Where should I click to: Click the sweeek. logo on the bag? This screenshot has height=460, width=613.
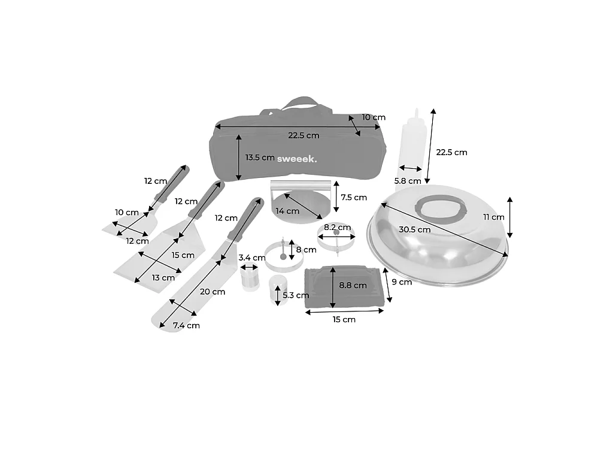point(297,159)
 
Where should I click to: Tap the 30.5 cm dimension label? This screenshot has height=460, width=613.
point(414,229)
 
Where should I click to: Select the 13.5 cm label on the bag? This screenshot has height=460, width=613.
point(260,158)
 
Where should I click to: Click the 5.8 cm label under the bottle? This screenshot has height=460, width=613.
point(407,181)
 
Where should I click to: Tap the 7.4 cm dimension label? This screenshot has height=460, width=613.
point(187,325)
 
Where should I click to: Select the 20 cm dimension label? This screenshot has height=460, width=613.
point(213,292)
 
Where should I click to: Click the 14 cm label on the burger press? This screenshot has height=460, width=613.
point(287,211)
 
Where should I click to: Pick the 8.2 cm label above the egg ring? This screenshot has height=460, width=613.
point(337,227)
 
